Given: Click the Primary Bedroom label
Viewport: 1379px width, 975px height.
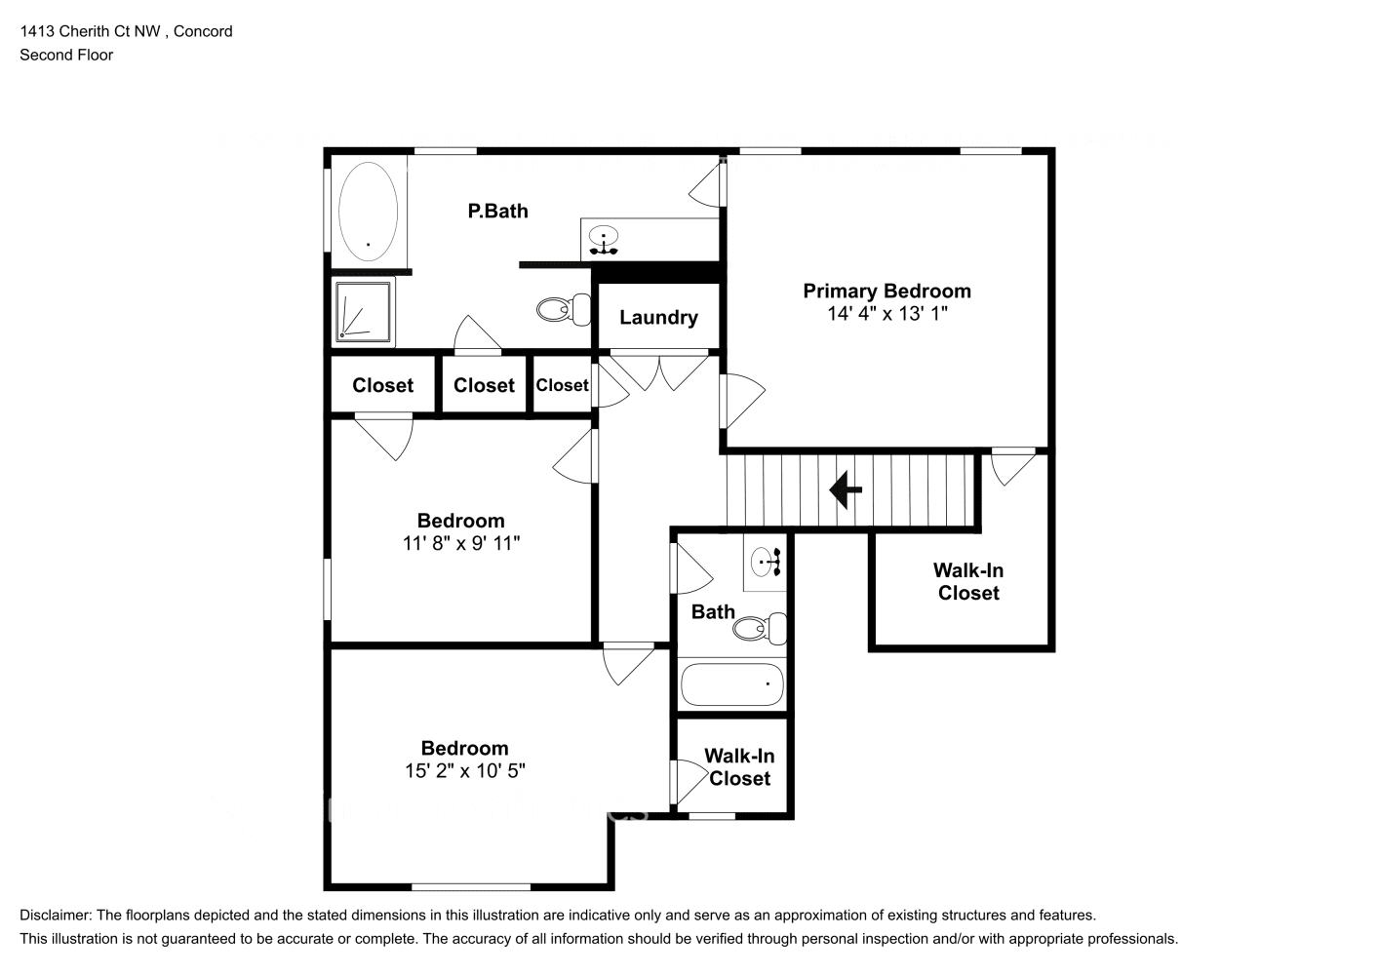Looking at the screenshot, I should pos(886,291).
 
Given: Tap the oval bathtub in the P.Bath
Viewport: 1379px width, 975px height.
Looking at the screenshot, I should pos(368,211).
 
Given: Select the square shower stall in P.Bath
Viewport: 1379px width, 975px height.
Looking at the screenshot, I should pos(363,311).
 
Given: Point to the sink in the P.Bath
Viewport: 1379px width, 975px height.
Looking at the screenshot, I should pos(605,238).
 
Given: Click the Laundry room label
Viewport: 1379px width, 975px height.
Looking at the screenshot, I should pos(658,317).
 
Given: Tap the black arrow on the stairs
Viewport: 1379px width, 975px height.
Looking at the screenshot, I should pos(845,490).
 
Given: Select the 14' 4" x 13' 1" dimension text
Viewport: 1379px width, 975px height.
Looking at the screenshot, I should pos(886,314).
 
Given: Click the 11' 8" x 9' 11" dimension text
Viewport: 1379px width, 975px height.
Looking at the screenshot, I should pos(460,543).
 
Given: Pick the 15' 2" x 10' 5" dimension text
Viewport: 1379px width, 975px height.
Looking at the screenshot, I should pos(464,771).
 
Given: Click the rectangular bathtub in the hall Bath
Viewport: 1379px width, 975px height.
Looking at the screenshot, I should pos(731,684).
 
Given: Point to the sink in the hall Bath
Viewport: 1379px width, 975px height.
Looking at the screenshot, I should pos(765,562).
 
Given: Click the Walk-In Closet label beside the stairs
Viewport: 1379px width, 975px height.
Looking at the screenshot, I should pos(967,581).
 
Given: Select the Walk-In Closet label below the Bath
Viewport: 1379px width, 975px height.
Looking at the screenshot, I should pos(739,767).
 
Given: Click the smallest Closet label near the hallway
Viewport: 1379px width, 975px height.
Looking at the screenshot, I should pos(562,385).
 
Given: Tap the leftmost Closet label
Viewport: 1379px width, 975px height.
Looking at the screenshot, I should pos(382,385).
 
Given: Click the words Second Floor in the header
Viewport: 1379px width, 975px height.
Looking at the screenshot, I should pos(66,55).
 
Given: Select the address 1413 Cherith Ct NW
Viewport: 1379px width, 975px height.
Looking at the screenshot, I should pos(90,31).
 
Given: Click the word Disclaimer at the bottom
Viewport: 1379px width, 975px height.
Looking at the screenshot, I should pos(56,916).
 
